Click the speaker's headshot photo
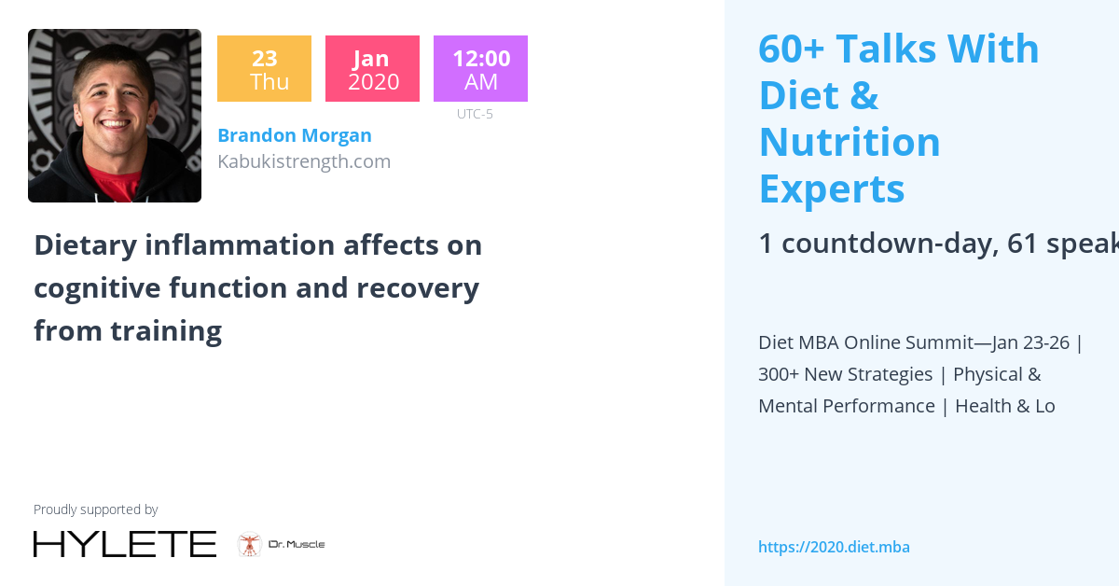(x=115, y=116)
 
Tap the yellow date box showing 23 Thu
(x=264, y=69)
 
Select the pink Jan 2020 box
(x=372, y=69)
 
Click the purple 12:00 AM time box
(x=480, y=69)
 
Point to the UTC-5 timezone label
(x=475, y=115)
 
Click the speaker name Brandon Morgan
(x=294, y=135)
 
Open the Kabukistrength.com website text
(x=303, y=161)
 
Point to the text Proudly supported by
(x=95, y=509)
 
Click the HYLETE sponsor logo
(x=125, y=544)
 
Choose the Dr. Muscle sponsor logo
(x=281, y=544)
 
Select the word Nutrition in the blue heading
(x=850, y=142)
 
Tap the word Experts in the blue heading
(x=832, y=188)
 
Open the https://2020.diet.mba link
(x=834, y=548)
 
